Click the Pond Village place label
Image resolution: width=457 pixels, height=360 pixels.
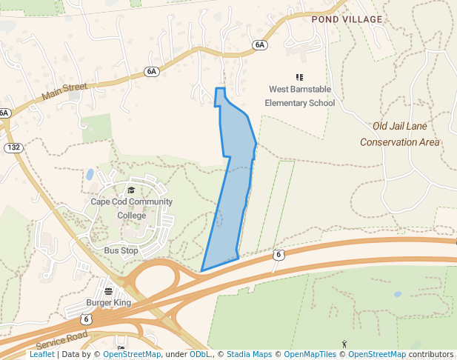click(x=347, y=19)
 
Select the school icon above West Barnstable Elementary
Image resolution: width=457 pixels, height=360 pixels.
click(x=300, y=77)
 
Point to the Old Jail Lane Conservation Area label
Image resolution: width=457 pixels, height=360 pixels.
click(x=400, y=134)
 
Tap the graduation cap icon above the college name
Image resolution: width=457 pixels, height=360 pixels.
click(x=131, y=190)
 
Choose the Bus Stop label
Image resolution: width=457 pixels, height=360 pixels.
click(x=121, y=250)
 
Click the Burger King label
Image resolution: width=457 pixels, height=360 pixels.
click(x=108, y=302)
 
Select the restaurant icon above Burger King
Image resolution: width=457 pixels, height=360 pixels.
click(x=108, y=290)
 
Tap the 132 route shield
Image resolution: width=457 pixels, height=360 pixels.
click(x=13, y=147)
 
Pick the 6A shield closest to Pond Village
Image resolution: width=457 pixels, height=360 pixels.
click(x=259, y=45)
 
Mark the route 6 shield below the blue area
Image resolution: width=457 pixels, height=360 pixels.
click(x=278, y=255)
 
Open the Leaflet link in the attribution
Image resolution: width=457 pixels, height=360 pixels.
click(x=41, y=355)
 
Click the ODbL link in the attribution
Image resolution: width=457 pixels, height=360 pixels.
click(x=199, y=355)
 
